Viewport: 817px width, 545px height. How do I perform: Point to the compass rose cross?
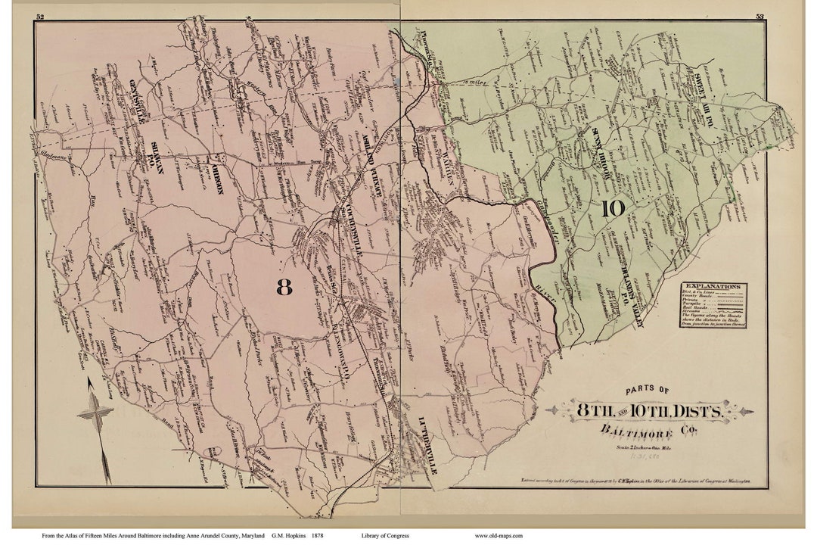coord(95,413)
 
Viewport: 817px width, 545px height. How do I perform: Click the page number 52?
coord(39,17)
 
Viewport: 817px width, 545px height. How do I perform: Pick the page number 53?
coord(759,17)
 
